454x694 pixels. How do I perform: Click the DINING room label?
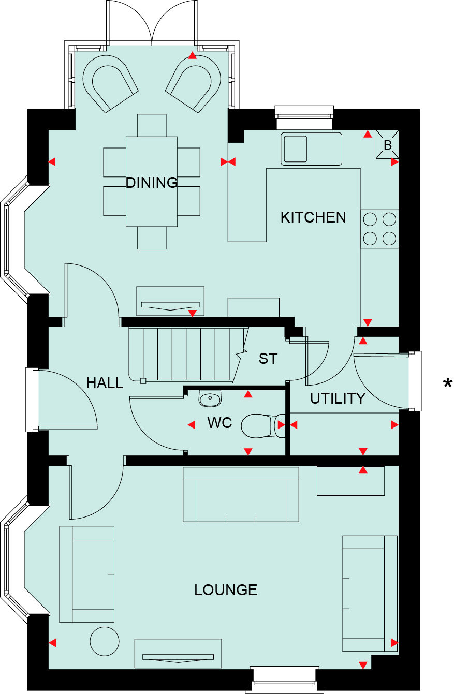pos(152,183)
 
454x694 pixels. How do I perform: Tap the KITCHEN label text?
pos(313,217)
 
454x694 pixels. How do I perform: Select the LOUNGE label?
pos(226,590)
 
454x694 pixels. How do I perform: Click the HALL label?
pos(105,383)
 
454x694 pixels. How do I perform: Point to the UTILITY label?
pos(338,398)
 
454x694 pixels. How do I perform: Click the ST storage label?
pos(268,359)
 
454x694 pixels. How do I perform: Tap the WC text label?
pos(219,423)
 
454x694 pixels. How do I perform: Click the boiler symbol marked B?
pos(387,145)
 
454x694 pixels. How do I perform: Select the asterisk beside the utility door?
pos(447,384)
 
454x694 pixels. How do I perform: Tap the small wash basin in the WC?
pos(210,398)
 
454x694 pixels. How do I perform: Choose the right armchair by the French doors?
pos(194,82)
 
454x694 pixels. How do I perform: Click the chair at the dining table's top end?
pos(152,125)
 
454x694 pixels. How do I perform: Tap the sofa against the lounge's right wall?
pos(370,593)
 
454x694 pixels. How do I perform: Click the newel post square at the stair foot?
pos(143,381)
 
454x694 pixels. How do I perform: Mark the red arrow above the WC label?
pos(248,395)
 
